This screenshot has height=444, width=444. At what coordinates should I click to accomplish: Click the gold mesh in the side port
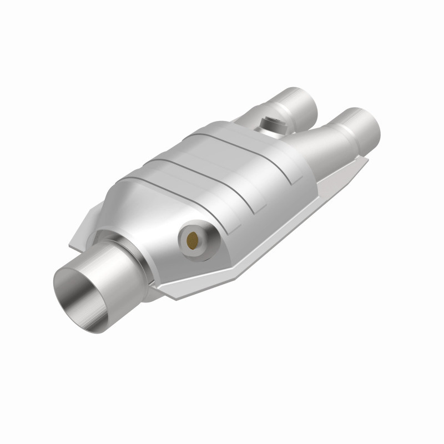(x=191, y=240)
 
